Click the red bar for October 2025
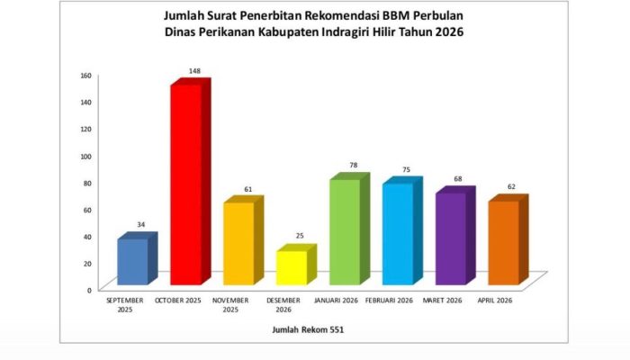coord(185,184)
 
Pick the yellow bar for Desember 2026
coord(291,267)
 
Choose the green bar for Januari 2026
coord(344,232)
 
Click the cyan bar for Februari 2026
coord(397,233)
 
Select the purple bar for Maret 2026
coord(450,238)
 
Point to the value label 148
coord(194,70)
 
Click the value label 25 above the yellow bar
coord(300,236)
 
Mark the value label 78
coord(353,165)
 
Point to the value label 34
coord(141,224)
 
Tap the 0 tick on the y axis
coord(88,290)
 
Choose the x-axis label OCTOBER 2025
coord(178,300)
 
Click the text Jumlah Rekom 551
coord(308,330)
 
